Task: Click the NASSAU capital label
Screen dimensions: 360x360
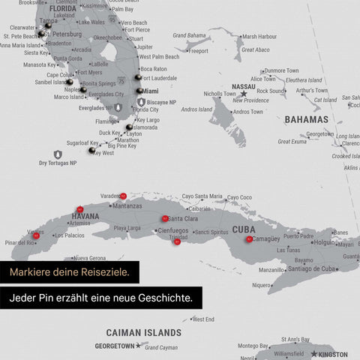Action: [244, 86]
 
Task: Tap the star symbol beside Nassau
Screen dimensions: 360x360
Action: [243, 94]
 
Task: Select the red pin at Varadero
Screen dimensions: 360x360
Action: [123, 196]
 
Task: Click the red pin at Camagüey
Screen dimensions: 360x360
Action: [249, 238]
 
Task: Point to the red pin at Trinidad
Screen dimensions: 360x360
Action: [177, 241]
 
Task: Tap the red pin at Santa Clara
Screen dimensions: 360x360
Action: [165, 218]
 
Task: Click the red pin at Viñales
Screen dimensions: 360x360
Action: [35, 235]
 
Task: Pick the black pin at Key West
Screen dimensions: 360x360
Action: [91, 150]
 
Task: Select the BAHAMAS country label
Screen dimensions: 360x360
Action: [306, 119]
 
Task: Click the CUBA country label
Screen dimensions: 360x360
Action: [244, 229]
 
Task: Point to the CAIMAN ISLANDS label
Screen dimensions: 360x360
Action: [143, 332]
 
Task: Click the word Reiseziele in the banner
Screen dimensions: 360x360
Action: [99, 271]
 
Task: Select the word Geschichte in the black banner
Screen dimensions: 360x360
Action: [164, 298]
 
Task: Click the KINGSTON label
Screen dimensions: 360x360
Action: [333, 354]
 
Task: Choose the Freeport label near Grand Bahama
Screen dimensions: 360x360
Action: [197, 51]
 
